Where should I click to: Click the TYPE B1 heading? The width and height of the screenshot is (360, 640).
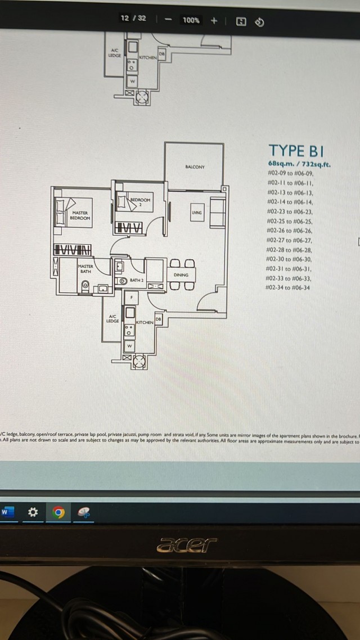(296, 151)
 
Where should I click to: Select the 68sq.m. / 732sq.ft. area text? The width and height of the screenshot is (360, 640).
(299, 165)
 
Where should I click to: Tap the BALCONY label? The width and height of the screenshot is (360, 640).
(195, 167)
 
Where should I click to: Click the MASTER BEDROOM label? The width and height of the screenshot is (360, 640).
(80, 215)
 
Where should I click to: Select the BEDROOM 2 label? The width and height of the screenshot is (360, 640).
(140, 202)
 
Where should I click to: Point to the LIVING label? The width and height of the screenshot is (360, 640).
(196, 213)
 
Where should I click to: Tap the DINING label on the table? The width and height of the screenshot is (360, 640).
(181, 275)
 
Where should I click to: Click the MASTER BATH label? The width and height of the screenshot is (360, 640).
(85, 268)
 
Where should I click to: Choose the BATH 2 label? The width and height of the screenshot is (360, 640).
(137, 280)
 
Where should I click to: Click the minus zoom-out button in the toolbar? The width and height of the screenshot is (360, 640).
(168, 20)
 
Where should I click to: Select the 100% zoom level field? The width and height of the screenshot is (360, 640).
(191, 20)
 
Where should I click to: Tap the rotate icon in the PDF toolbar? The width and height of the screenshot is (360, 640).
(259, 21)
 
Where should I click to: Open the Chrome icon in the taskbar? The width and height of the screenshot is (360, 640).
(59, 512)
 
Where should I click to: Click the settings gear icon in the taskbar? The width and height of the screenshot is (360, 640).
(33, 512)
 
